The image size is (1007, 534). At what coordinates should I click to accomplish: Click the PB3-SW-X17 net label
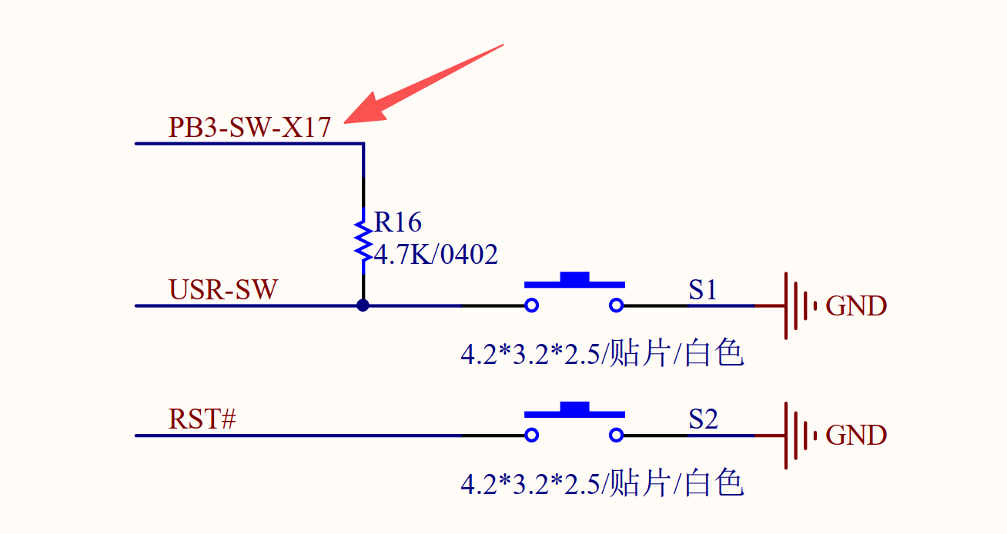pos(249,127)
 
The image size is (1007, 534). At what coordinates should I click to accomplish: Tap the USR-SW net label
pos(223,290)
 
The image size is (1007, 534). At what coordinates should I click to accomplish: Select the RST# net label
pos(202,420)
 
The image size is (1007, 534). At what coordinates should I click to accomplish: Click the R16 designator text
pos(398,222)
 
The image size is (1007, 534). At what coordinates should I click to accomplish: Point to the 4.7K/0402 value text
pos(436,254)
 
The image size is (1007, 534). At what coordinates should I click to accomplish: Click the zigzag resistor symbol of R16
pos(363,240)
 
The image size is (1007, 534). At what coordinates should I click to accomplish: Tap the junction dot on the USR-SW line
pos(363,305)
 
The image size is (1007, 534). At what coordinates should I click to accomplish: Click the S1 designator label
pos(703,290)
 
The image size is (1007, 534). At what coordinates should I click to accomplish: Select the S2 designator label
pos(703,420)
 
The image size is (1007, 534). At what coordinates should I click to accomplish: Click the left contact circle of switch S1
pos(531,305)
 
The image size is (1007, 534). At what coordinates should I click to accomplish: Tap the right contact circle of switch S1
pos(616,305)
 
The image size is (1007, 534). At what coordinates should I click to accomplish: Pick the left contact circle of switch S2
pos(531,436)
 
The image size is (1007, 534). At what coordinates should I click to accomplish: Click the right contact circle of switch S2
pos(616,436)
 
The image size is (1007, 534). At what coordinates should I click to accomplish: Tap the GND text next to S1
pos(856,306)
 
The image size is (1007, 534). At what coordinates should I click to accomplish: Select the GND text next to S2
pos(856,436)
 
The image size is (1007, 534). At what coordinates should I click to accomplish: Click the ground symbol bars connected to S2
pos(798,436)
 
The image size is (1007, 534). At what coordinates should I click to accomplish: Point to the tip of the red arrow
pos(346,121)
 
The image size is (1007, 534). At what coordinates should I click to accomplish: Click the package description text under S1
pos(602,355)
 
